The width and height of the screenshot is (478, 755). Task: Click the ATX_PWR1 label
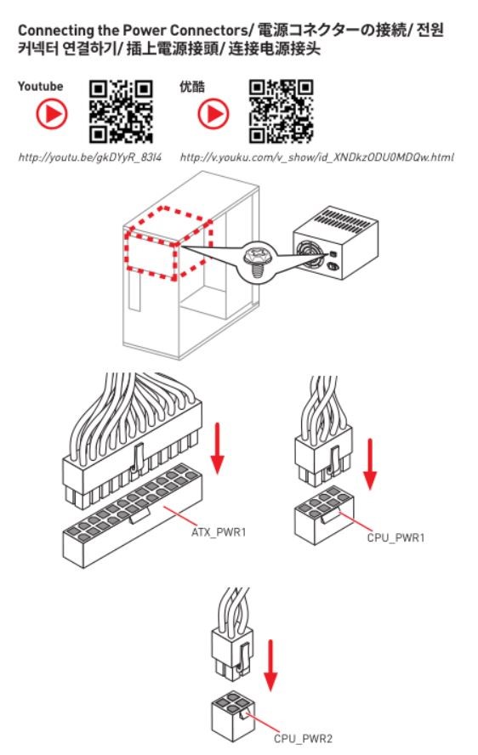point(219,532)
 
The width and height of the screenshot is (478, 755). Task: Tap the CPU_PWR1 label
point(396,538)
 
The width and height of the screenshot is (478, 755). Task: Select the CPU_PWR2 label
point(303,738)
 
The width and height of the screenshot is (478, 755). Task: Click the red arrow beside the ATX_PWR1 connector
point(218,448)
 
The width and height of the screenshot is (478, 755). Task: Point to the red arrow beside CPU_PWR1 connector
point(370,463)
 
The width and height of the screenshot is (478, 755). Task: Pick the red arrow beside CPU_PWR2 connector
point(270,666)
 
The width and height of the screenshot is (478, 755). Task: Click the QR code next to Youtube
point(121,111)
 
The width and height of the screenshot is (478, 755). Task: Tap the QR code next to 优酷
point(282,111)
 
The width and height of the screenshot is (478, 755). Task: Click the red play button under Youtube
point(52,114)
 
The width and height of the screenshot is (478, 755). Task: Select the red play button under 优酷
point(213,114)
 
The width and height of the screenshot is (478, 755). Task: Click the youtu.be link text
point(90,157)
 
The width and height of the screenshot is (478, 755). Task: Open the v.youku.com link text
point(316,157)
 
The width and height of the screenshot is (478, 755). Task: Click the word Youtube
point(41,87)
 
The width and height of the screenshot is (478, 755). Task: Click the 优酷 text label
point(191,87)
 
